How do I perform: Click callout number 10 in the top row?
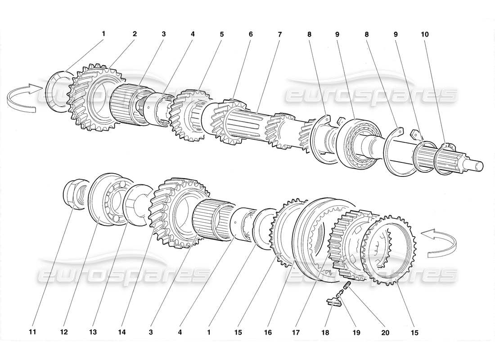[x=425, y=34]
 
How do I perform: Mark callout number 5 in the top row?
[x=221, y=34]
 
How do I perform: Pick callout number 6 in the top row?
[x=250, y=34]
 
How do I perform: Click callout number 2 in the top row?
[x=134, y=34]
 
